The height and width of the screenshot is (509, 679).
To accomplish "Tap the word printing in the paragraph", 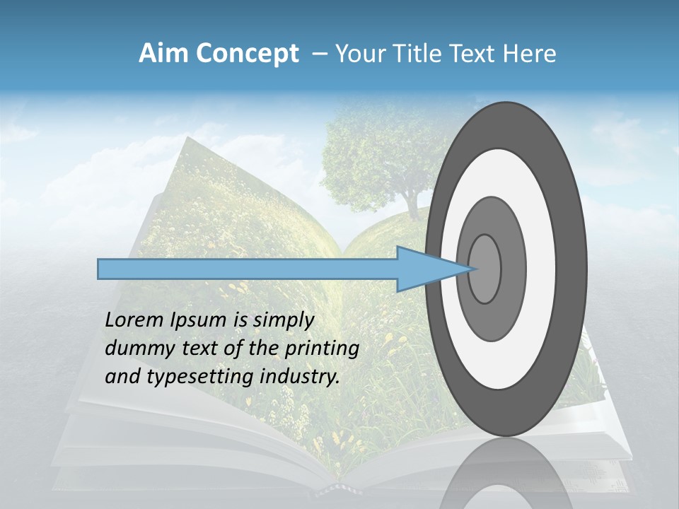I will pyautogui.click(x=321, y=349).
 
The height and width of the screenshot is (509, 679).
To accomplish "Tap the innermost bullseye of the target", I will pyautogui.click(x=485, y=269).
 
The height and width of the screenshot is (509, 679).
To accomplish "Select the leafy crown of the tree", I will pyautogui.click(x=375, y=148).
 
